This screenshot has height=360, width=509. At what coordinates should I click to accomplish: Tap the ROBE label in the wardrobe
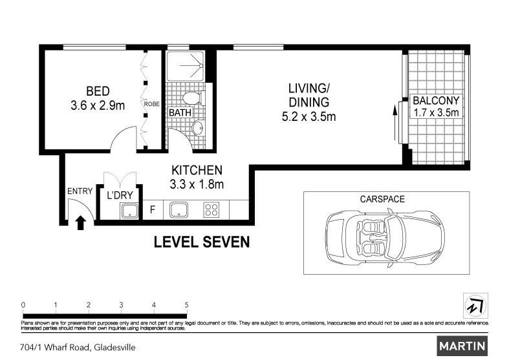(x=152, y=103)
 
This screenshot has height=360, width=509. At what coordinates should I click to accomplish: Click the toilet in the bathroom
(x=191, y=99)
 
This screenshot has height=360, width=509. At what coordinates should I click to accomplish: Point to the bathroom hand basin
(x=199, y=128)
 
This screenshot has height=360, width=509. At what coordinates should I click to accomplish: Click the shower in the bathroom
(x=185, y=65)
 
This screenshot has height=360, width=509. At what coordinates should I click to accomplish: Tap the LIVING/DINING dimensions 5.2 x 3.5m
(x=309, y=117)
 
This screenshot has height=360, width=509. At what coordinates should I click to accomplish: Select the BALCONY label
(x=436, y=101)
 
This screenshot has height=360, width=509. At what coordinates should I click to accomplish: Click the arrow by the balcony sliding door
(x=395, y=120)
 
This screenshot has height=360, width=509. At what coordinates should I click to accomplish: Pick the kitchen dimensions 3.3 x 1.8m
(x=197, y=184)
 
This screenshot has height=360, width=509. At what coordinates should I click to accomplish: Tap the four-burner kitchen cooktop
(x=211, y=209)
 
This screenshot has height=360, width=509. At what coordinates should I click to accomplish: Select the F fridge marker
(x=153, y=209)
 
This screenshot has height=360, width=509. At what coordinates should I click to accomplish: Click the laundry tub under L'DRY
(x=128, y=210)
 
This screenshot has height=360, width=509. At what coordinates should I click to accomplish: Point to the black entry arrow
(x=81, y=223)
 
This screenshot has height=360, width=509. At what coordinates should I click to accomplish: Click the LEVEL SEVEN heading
(x=201, y=243)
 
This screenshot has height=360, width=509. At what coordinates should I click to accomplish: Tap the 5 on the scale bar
(x=187, y=304)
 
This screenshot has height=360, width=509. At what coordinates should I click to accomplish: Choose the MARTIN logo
(x=462, y=346)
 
